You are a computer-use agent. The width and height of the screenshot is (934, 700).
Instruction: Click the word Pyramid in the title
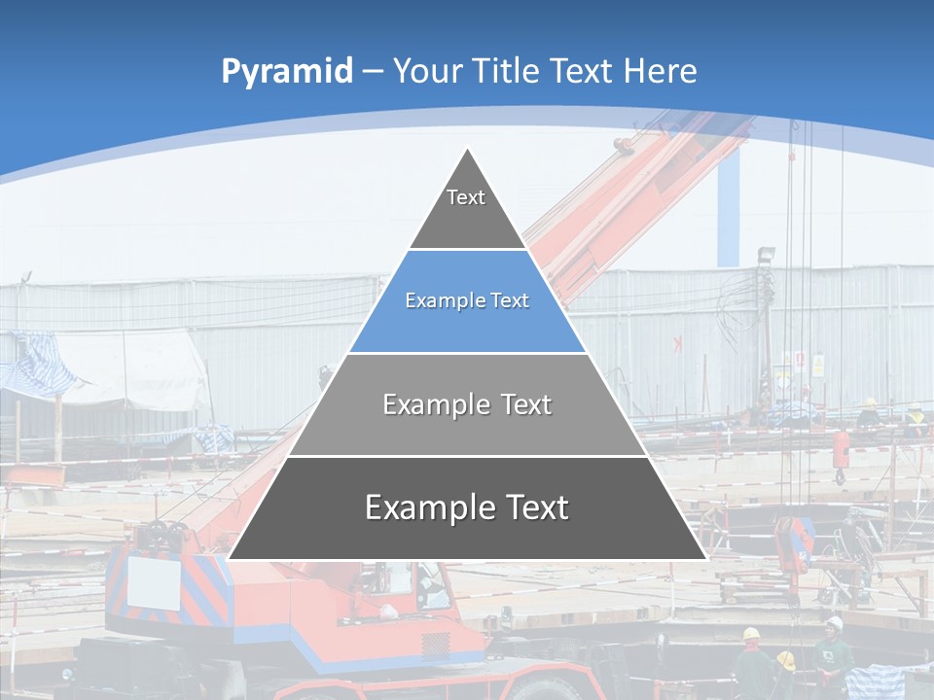tap(287, 72)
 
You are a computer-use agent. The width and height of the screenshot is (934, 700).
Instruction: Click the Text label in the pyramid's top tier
tap(466, 197)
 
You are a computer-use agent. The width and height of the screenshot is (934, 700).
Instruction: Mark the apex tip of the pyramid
tap(468, 150)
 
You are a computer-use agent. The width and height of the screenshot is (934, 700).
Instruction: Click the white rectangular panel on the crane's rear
tap(155, 582)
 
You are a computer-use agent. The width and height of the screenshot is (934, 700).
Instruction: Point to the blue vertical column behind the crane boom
tap(729, 209)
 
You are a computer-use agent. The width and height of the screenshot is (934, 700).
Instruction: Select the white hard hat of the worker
tap(834, 623)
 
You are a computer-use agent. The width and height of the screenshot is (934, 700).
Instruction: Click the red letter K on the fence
tap(677, 343)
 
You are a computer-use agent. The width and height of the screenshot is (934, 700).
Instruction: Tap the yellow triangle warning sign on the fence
tap(817, 366)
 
